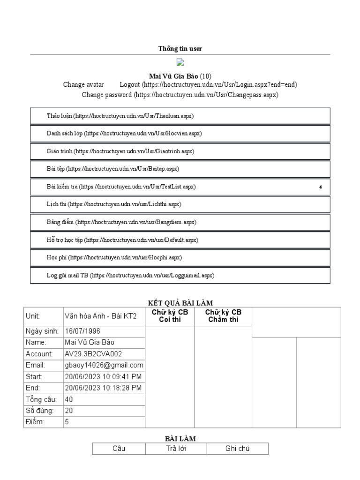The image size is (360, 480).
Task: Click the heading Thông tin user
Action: point(180,49)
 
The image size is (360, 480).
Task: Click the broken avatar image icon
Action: point(180,62)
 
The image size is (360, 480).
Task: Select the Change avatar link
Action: point(83,85)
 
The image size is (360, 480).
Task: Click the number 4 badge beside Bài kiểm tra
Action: point(321,187)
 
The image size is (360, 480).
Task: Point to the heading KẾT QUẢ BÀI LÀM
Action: point(180,303)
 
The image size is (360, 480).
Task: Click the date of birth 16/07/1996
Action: point(82,331)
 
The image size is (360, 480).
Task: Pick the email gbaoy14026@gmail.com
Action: point(104,365)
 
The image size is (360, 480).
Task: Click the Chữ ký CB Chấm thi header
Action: point(223,316)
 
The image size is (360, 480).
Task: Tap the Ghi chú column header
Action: point(237,449)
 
